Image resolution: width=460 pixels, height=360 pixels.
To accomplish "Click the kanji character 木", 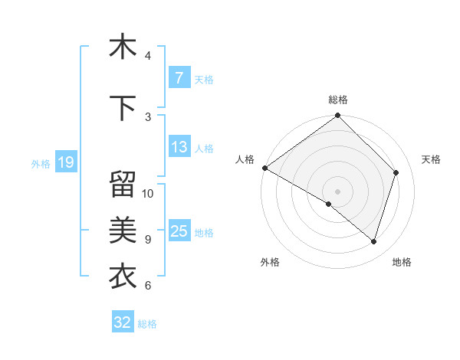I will (123, 47).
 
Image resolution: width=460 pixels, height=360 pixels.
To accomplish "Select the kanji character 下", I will (123, 108).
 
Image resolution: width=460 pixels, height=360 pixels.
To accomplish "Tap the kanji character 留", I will (123, 185).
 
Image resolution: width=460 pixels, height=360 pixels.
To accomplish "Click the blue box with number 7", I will (179, 78).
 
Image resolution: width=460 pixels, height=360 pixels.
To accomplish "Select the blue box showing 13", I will (179, 147).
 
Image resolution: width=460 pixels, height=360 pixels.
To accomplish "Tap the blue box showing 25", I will (179, 231).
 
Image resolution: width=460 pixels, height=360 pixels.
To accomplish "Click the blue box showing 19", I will (65, 162).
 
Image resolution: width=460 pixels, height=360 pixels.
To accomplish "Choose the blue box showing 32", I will (123, 322).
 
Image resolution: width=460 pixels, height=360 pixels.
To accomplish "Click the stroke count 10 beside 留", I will (148, 194).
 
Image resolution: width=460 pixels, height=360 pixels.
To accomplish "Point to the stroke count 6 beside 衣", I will (148, 286).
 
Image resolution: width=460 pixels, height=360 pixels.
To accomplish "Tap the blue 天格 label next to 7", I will (204, 79).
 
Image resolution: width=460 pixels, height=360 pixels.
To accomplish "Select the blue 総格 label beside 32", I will (147, 323).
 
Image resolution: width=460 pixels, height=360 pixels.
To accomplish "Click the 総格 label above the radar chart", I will (338, 100).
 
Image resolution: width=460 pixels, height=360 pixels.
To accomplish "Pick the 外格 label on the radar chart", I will (270, 263).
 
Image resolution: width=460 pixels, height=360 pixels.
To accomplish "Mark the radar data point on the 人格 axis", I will (264, 168).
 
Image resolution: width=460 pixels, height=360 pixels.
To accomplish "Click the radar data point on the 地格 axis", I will (373, 242).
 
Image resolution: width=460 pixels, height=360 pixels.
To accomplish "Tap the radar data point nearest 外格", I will (329, 204).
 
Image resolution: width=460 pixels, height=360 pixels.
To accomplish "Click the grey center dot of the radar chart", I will (337, 191).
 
